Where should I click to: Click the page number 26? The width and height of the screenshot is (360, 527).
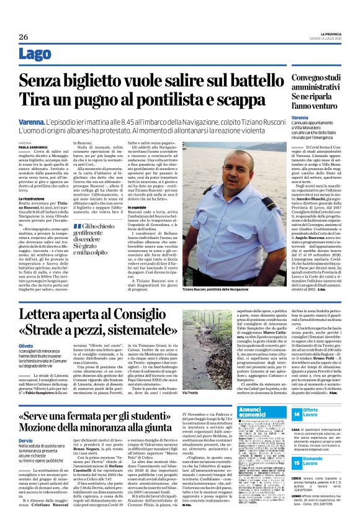click(23, 37)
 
